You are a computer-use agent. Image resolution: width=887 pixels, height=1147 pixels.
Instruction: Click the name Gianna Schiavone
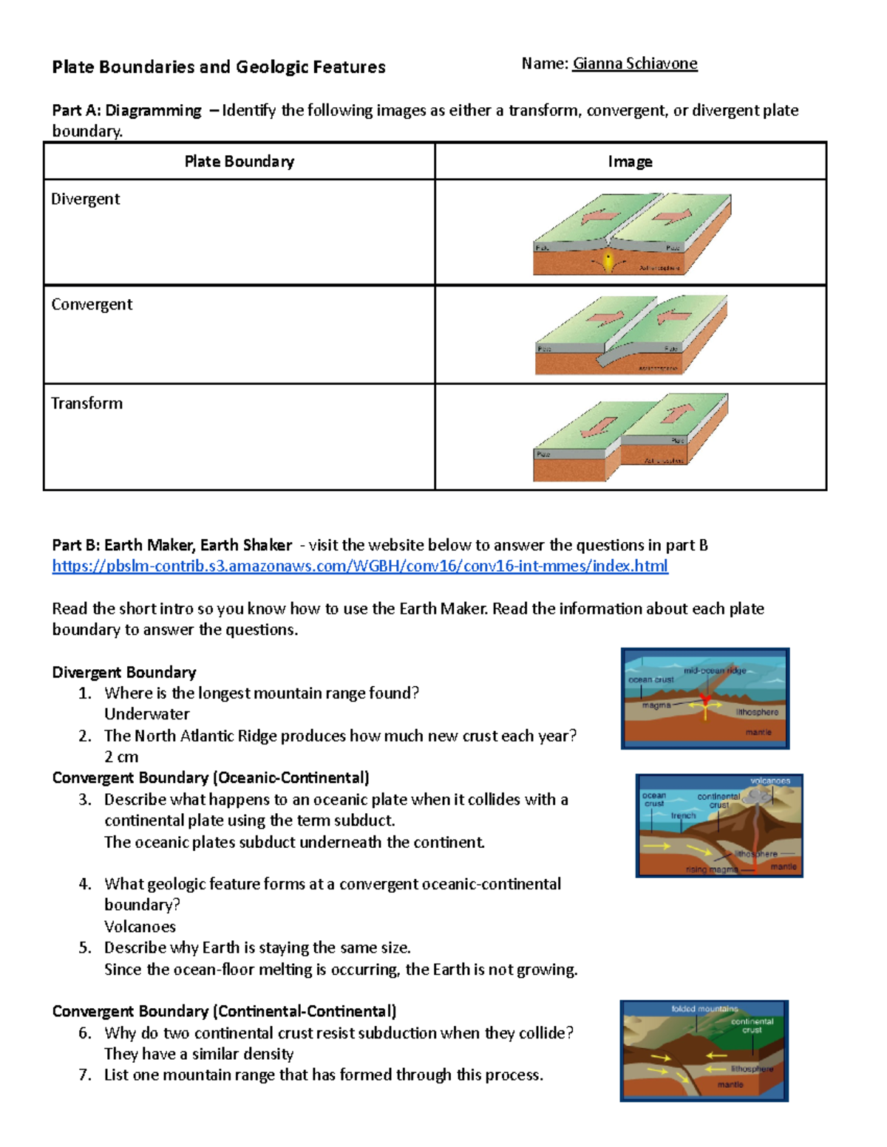tap(634, 64)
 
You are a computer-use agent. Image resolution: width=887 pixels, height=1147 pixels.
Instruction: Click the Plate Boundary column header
tap(239, 161)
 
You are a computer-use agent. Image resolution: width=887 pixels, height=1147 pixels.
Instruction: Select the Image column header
tap(630, 161)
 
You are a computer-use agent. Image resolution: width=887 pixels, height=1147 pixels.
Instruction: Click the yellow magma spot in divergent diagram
tap(608, 261)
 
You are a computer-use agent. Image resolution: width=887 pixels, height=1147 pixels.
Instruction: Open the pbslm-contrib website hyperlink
tap(359, 566)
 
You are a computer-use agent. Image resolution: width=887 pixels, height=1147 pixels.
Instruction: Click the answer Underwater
tap(146, 714)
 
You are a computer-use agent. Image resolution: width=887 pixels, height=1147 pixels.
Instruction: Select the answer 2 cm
tap(121, 757)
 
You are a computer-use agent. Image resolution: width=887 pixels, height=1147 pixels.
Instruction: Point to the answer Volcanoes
tap(140, 927)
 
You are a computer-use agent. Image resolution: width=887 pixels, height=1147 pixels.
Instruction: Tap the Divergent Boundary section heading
tap(123, 672)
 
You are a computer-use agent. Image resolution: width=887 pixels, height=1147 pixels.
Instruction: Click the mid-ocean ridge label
tap(714, 671)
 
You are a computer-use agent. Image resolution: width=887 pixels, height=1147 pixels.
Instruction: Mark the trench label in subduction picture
tap(683, 815)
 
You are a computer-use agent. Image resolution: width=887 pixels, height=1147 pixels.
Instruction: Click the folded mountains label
tap(704, 1009)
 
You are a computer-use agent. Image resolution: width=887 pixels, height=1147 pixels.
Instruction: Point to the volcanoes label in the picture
tap(769, 781)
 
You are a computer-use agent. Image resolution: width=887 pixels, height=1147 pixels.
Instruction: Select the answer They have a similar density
tap(199, 1054)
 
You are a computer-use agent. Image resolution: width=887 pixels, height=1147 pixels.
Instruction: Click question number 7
tap(85, 1075)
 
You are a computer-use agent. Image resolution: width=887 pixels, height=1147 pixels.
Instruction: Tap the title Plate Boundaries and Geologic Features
tap(219, 67)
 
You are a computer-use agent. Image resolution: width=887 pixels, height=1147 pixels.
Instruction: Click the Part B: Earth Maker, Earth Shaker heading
tap(172, 545)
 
